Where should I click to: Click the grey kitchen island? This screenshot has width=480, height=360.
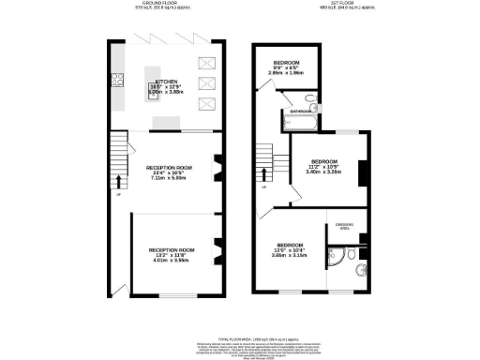coord(166,121)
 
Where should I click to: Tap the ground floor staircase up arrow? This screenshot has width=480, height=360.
coord(119,180)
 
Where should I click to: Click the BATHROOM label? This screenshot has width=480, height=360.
coord(301,112)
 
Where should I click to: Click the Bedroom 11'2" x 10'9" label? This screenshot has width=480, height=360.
coord(323,166)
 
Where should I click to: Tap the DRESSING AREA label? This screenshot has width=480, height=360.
coord(342,226)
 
